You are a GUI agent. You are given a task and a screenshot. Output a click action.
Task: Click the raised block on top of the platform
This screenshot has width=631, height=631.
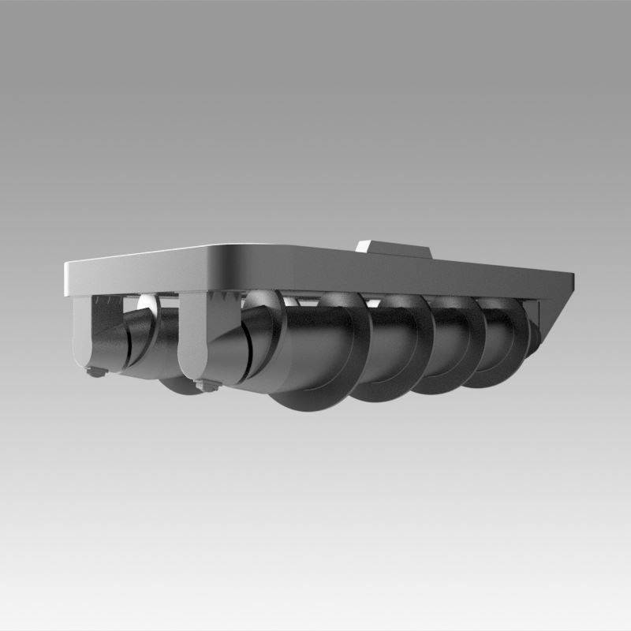coord(394,250)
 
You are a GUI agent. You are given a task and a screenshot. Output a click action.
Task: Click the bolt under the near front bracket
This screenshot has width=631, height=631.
coord(207,385)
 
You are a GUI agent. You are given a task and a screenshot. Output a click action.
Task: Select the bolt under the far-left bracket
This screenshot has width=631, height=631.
coord(95,372)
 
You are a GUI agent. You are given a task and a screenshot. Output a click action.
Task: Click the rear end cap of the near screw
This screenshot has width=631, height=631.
coord(535,335)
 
